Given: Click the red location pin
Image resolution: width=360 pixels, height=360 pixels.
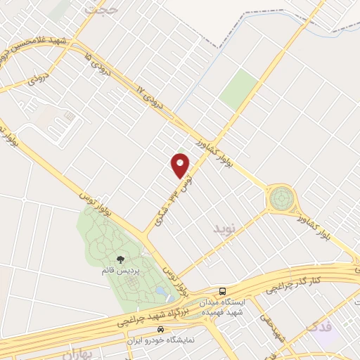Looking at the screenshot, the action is tap(181, 165).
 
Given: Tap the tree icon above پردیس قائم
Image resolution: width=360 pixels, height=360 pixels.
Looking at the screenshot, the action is tap(120, 261).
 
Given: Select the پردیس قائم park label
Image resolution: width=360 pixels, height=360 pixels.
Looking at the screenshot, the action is tap(120, 271).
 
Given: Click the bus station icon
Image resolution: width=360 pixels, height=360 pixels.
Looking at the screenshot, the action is tap(222, 290).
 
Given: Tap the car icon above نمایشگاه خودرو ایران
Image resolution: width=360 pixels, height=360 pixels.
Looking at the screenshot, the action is tap(161, 328).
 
